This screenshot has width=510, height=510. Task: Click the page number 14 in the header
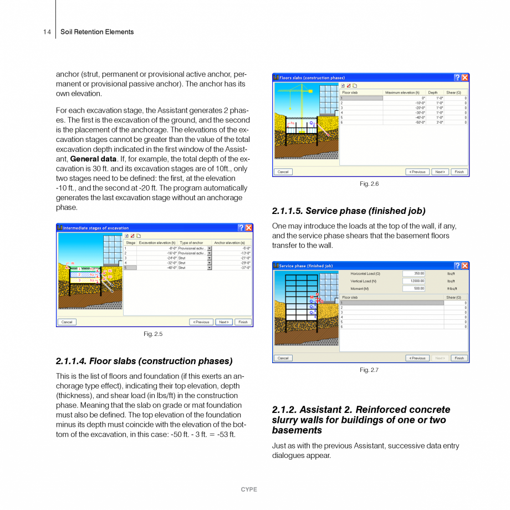pos(47,32)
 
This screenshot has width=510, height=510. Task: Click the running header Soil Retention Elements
pos(97,32)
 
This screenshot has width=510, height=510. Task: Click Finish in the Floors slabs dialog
pos(459,172)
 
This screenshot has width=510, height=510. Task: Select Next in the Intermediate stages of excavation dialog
pos(223,322)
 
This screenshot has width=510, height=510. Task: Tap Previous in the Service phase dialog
pos(417,358)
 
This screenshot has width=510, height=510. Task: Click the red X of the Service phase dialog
pos(465,266)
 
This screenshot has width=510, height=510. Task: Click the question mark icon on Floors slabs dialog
pos(457,78)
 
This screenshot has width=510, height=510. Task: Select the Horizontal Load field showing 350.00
pos(414,273)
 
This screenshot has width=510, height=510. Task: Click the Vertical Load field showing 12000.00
pos(414,281)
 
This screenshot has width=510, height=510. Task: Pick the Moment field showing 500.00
pos(414,289)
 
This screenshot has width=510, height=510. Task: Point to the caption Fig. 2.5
pos(153,334)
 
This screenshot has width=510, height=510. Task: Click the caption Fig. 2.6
pos(369,183)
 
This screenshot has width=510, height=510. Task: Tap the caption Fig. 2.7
pos(369,370)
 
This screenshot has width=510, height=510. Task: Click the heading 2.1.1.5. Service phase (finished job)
pos(349,211)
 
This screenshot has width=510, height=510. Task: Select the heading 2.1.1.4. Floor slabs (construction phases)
pos(144,361)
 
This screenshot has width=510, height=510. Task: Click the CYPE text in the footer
pos(249,489)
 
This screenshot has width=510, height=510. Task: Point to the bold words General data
pos(93,159)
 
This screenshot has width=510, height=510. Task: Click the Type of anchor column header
pos(192,243)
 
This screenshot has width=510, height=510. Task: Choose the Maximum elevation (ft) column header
pos(402,93)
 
